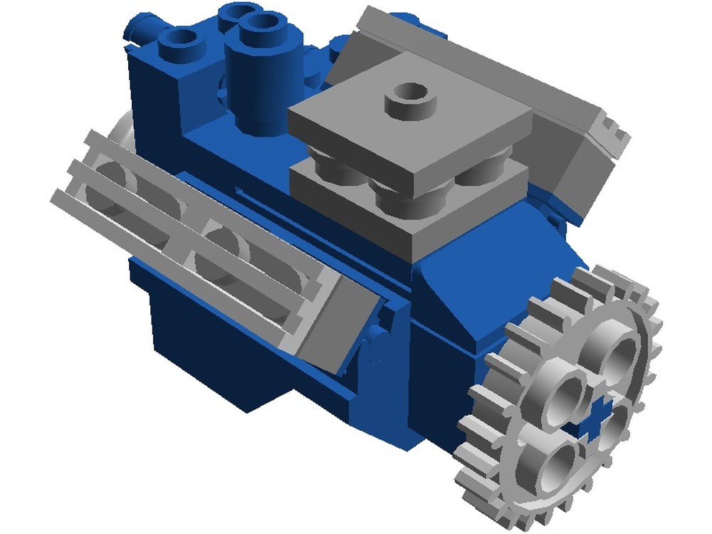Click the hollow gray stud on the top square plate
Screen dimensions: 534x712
pos(411,100)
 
